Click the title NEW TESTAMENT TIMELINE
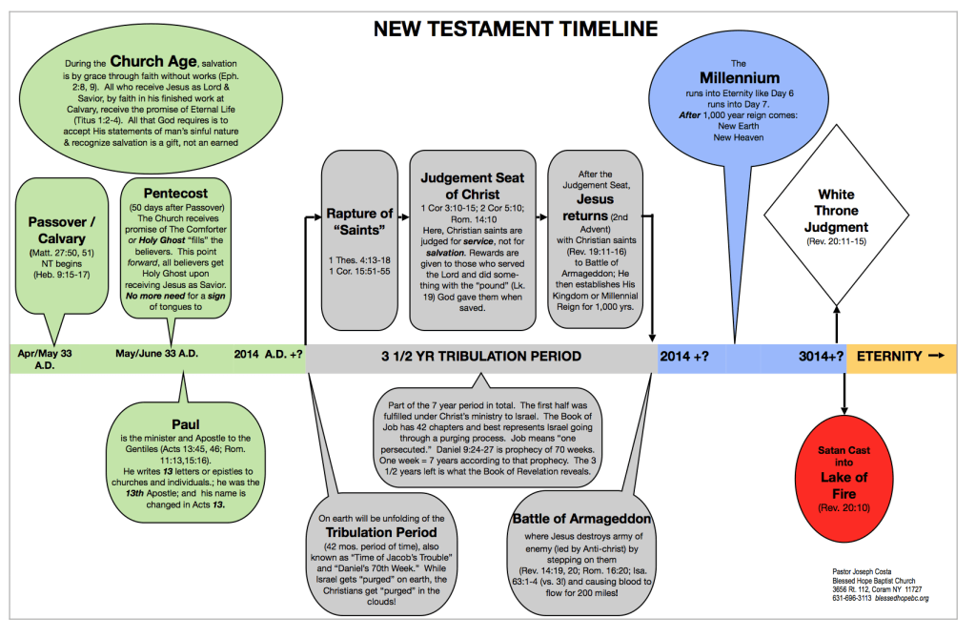point(515,29)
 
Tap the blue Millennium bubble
point(734,105)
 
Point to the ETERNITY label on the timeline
point(889,357)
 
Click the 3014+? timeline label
point(821,357)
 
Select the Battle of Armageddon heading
point(581,518)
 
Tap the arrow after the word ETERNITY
point(936,356)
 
